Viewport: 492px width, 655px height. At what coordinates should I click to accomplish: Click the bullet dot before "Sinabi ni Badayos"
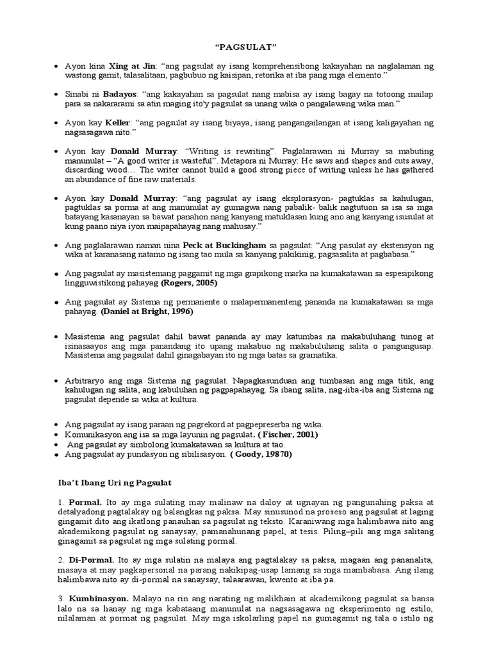[57, 95]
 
